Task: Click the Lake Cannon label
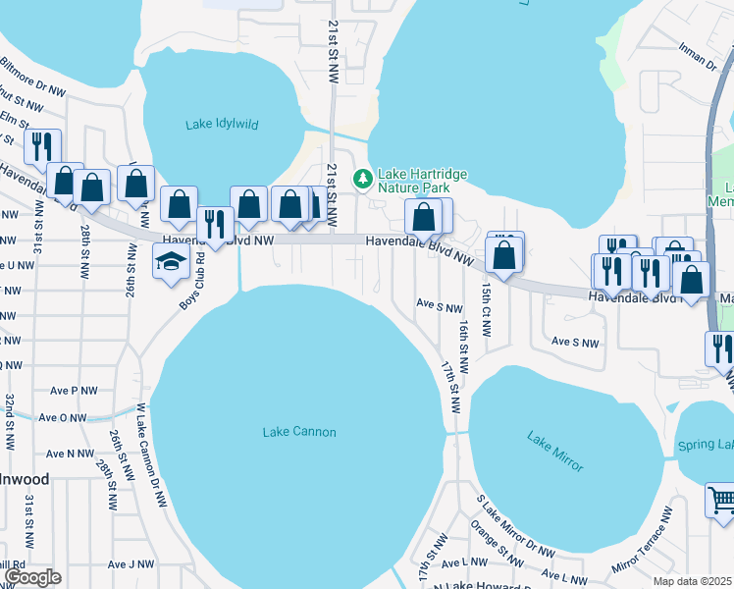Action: pos(299,432)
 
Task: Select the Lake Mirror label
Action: pos(555,451)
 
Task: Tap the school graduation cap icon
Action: pos(169,262)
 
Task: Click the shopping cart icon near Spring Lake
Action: pos(720,500)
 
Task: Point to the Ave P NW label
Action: pos(76,390)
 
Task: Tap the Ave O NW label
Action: pos(63,417)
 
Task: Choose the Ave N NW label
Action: pos(71,453)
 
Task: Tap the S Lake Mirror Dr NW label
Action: pos(515,527)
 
